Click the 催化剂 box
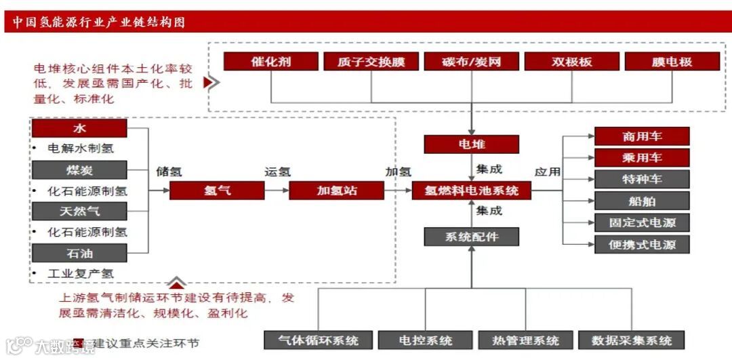tap(271, 62)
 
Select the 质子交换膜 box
tap(371, 62)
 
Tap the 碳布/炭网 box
tap(471, 62)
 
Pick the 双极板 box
tap(571, 62)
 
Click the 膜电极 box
tap(672, 62)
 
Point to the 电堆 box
tap(471, 144)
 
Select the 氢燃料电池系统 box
tap(471, 191)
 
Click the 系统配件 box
tap(471, 237)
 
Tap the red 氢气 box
tap(217, 191)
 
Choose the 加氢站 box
tap(336, 191)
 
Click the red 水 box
tap(80, 128)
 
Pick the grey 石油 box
tap(80, 254)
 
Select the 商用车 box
tap(641, 136)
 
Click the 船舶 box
tap(641, 201)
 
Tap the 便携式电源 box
tap(641, 244)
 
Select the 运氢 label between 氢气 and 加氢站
tap(277, 172)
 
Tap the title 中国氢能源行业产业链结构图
tap(99, 22)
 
